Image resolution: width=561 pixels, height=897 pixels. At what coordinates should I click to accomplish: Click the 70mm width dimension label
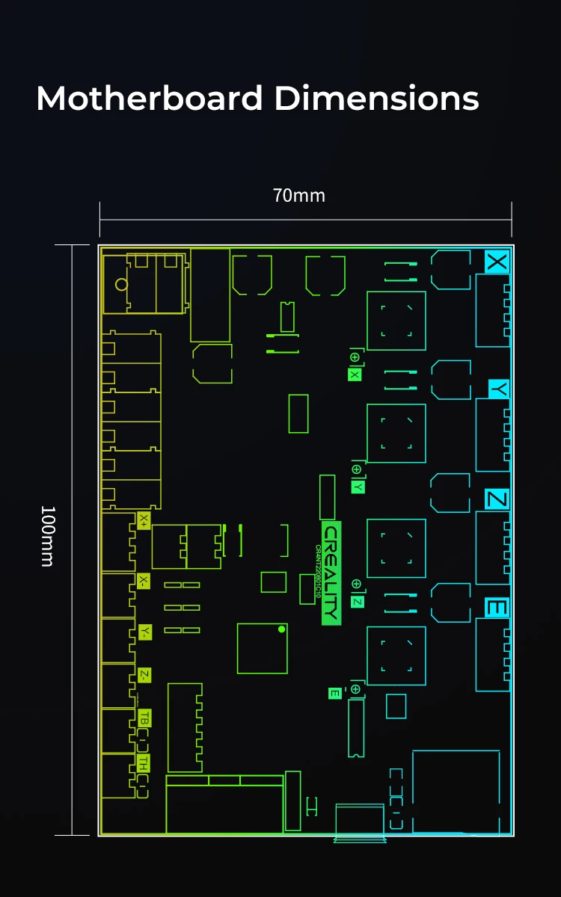click(299, 196)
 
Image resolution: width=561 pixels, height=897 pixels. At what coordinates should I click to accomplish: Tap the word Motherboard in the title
click(150, 99)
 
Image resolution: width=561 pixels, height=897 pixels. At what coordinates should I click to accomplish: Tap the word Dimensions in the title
click(377, 99)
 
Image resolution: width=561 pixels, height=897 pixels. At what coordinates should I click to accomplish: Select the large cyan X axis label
click(497, 262)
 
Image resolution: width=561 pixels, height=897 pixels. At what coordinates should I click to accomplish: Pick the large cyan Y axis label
click(499, 389)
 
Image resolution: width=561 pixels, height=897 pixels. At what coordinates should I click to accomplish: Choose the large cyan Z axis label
click(497, 499)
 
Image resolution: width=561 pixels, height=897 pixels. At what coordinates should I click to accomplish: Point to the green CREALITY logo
click(331, 573)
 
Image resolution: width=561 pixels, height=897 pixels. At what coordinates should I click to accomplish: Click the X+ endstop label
click(144, 521)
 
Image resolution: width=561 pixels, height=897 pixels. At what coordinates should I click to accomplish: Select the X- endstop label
click(144, 582)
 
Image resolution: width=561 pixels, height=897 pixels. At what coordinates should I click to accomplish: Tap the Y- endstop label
click(144, 632)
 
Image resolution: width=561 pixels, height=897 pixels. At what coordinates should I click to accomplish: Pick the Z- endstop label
click(144, 676)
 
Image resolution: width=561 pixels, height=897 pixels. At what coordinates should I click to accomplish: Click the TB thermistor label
click(144, 718)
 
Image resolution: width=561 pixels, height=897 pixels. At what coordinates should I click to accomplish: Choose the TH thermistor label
click(144, 763)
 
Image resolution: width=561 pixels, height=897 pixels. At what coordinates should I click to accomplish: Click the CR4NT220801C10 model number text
click(318, 572)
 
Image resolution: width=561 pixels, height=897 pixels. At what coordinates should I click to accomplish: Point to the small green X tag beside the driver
click(355, 374)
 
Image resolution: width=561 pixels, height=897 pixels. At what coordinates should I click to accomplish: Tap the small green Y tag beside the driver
click(358, 486)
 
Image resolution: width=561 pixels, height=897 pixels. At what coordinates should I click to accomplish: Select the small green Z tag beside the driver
click(358, 602)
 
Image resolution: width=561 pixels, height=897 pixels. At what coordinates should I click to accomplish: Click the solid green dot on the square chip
click(281, 629)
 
